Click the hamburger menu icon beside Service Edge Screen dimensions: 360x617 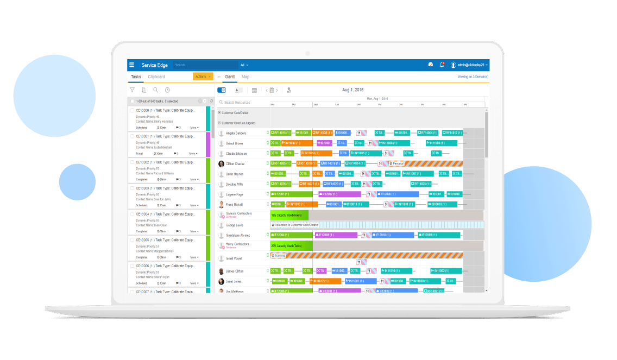(x=131, y=65)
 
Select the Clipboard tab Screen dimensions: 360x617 (x=156, y=77)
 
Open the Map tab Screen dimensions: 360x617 (x=245, y=77)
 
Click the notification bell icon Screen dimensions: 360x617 (x=442, y=65)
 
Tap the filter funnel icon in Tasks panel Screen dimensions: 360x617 (x=132, y=90)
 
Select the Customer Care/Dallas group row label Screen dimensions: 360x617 (x=235, y=113)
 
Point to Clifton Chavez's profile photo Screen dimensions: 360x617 (x=222, y=163)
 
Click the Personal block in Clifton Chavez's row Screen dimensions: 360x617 (x=397, y=163)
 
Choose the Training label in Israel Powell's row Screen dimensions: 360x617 (x=279, y=255)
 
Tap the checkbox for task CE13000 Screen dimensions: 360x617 (x=132, y=110)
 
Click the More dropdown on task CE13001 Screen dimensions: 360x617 (x=194, y=154)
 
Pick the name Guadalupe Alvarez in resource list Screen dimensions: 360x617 (x=237, y=235)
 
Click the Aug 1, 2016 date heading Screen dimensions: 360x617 (x=353, y=90)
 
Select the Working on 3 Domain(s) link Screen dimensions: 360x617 (x=473, y=77)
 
